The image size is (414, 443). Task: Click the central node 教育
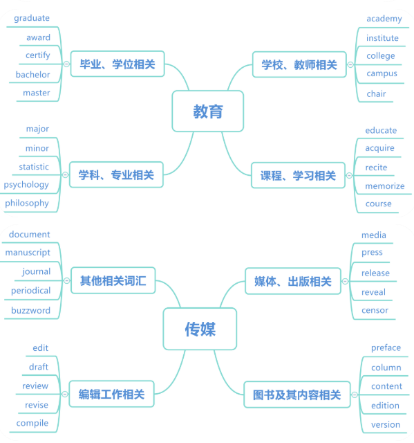coord(208,111)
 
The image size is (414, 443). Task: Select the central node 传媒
coord(200,329)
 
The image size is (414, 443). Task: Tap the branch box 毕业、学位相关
coord(117,64)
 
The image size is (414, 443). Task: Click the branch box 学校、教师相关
coord(299,64)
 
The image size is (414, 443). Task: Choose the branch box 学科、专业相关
coord(116,174)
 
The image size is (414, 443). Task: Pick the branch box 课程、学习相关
coord(298,175)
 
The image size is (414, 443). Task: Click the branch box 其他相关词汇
coord(113,280)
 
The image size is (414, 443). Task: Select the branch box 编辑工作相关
coord(111,394)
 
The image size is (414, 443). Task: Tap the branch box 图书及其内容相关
coord(297,395)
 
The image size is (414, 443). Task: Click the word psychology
coord(26,185)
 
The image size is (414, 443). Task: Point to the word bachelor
coord(32,75)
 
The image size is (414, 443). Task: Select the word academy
coord(384,19)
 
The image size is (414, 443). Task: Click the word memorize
coord(385,186)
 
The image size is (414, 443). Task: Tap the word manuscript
coord(28,253)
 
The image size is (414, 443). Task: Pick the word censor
coord(375,311)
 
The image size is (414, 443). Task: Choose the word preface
coord(386,347)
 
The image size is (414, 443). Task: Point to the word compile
coord(32,423)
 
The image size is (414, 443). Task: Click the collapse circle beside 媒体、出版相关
coord(345,282)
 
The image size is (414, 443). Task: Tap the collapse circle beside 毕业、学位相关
coord(66,64)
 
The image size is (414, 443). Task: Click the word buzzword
coord(30,311)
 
